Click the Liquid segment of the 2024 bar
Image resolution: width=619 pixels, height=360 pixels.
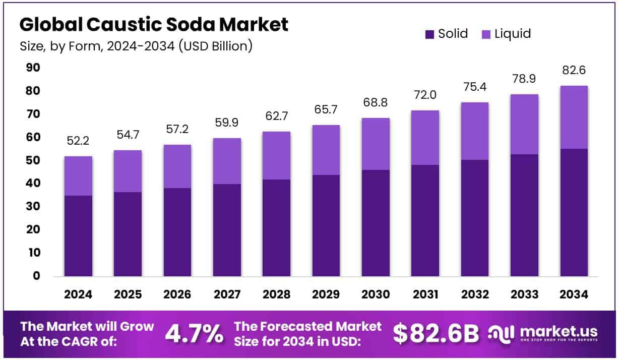(x=78, y=176)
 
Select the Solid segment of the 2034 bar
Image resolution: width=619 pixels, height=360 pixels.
(x=574, y=212)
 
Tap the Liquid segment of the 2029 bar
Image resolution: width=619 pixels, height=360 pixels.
(x=326, y=150)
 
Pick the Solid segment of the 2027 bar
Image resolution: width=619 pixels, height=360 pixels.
(x=227, y=230)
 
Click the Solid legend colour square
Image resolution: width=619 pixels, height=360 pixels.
(x=429, y=35)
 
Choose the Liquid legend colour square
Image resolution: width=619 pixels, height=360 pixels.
(x=486, y=35)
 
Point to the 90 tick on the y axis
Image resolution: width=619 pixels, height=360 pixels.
(x=33, y=68)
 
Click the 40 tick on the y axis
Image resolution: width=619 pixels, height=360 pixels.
(x=33, y=183)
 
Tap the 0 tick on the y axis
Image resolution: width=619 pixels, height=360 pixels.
(x=36, y=276)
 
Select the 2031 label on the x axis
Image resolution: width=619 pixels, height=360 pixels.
(x=425, y=294)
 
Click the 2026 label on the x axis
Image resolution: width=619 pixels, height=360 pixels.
(x=177, y=294)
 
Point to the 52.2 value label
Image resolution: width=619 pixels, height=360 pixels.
(x=78, y=141)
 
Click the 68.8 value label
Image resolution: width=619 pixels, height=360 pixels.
(x=375, y=102)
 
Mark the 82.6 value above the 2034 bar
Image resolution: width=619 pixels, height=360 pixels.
(x=574, y=70)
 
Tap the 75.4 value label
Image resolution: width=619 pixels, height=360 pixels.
(x=475, y=87)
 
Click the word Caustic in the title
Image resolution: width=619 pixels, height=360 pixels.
(x=124, y=24)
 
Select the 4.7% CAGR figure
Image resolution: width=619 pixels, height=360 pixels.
(x=194, y=334)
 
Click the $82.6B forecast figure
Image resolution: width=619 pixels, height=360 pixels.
(x=436, y=334)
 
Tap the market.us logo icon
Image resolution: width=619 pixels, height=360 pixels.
(x=501, y=334)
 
